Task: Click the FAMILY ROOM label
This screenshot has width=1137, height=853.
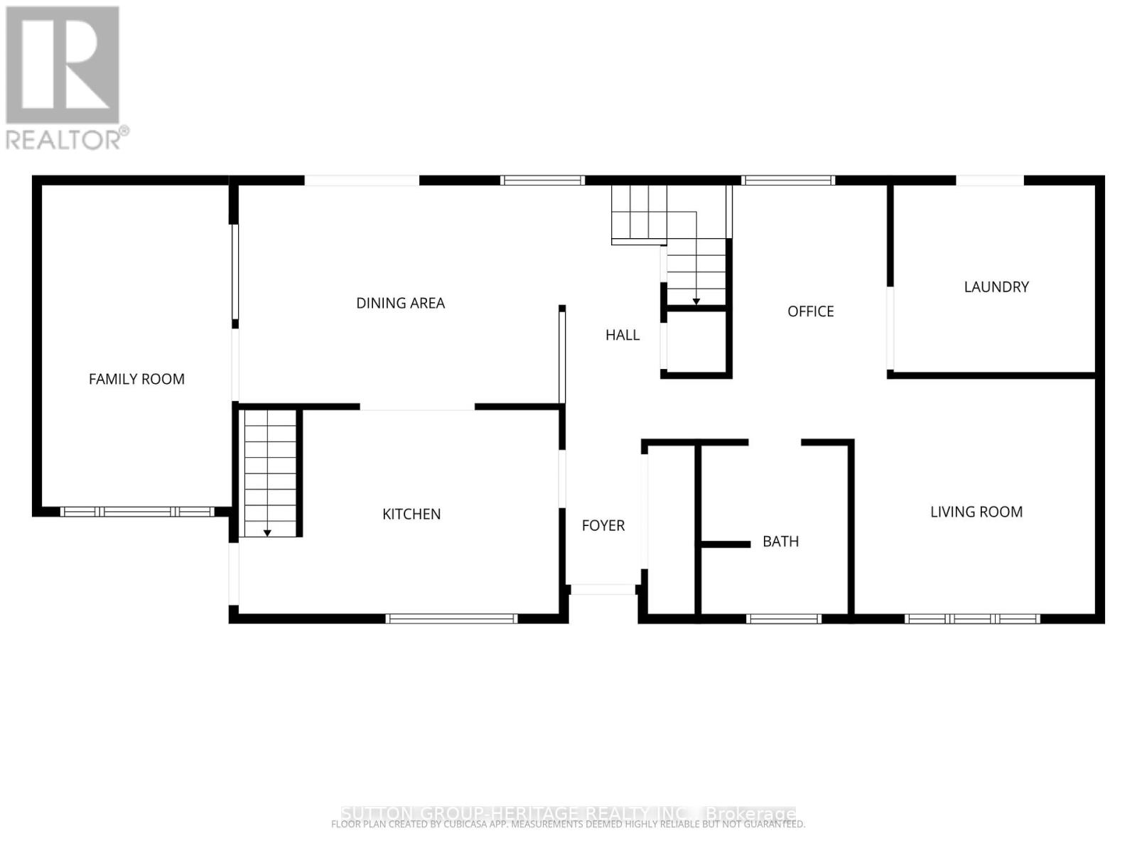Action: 136,380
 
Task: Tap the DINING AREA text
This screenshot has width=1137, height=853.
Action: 400,304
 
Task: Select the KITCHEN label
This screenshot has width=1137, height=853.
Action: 411,514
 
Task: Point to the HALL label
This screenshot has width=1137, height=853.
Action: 622,335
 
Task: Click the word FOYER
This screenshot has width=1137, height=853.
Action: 603,525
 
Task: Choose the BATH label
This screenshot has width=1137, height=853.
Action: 780,542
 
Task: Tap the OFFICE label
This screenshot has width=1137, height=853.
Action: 810,311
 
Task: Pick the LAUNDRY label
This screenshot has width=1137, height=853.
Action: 996,287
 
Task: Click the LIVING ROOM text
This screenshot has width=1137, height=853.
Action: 976,512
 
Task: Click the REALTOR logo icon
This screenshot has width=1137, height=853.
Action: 63,65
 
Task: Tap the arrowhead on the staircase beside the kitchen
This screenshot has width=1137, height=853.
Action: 267,532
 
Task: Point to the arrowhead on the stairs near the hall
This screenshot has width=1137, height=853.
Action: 696,302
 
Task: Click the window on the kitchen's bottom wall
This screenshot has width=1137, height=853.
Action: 451,618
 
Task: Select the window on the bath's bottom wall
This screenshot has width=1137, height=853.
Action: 784,618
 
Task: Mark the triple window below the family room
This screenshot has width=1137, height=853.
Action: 137,511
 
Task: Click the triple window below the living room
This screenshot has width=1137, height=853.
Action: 972,618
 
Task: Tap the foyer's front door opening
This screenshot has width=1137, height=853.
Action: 603,589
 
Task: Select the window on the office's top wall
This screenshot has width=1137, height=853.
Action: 787,181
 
